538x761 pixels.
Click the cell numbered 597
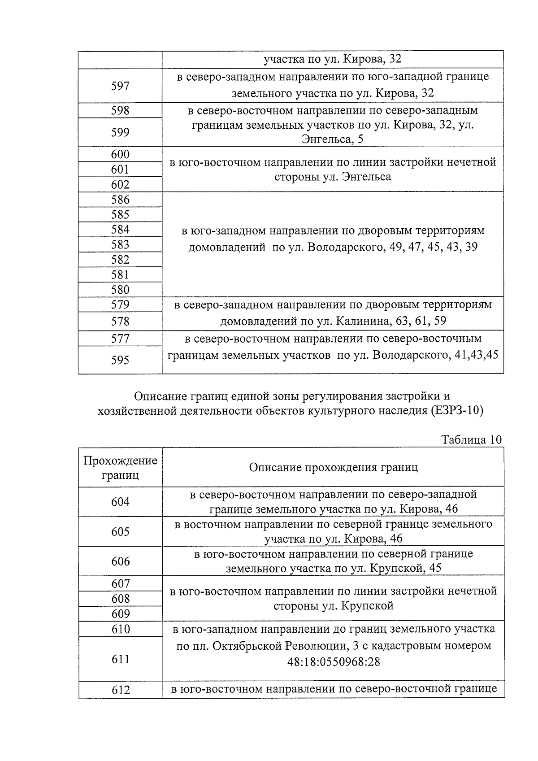pos(120,86)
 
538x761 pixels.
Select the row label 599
pos(120,132)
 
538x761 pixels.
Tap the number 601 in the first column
pos(120,170)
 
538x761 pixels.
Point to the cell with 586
pos(120,200)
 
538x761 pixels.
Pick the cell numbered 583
pos(120,244)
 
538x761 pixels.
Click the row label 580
pos(120,290)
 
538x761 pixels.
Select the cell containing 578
pos(120,322)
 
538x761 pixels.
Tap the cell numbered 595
pos(120,360)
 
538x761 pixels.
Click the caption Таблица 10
pos(471,439)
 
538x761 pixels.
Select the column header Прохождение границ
pos(120,468)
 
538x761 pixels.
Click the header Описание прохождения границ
pos(333,468)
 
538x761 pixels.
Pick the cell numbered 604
pos(120,502)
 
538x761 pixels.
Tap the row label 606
pos(120,561)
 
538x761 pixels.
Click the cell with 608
pos(120,599)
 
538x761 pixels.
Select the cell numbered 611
pos(120,659)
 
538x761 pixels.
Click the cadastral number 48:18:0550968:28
pos(334,661)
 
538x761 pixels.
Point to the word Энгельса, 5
pos(333,139)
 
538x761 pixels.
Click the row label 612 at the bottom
pos(120,690)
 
